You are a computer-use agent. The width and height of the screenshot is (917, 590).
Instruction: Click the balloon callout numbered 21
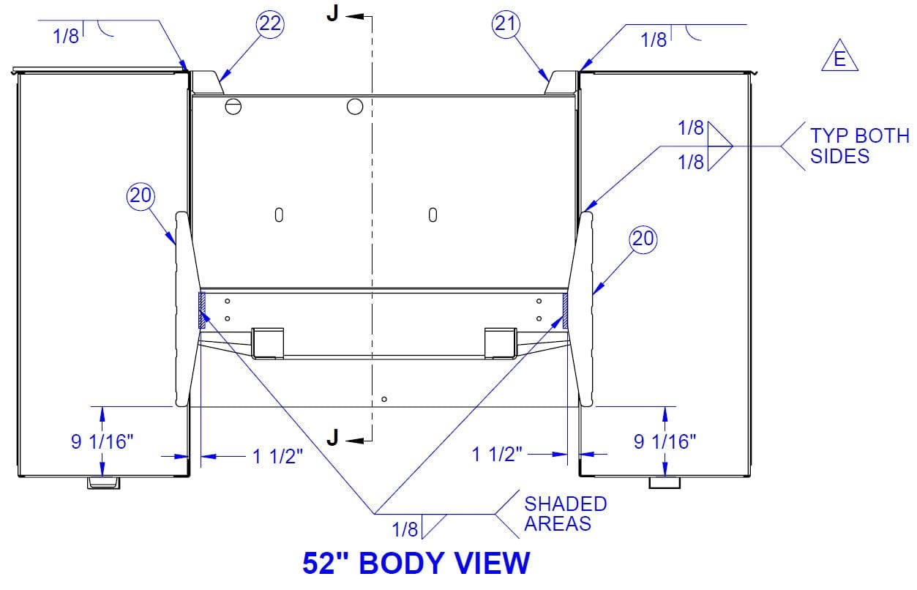click(x=506, y=24)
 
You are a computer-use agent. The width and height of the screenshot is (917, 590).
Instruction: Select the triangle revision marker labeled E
click(x=839, y=56)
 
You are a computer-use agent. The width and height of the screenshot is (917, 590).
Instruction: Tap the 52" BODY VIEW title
click(x=416, y=564)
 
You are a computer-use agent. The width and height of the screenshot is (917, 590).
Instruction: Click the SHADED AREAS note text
click(x=565, y=514)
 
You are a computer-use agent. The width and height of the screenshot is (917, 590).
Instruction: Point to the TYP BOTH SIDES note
click(x=860, y=146)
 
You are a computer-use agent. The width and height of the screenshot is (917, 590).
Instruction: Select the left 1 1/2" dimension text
click(x=277, y=457)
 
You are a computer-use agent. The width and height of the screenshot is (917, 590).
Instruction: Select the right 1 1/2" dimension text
click(x=497, y=455)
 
